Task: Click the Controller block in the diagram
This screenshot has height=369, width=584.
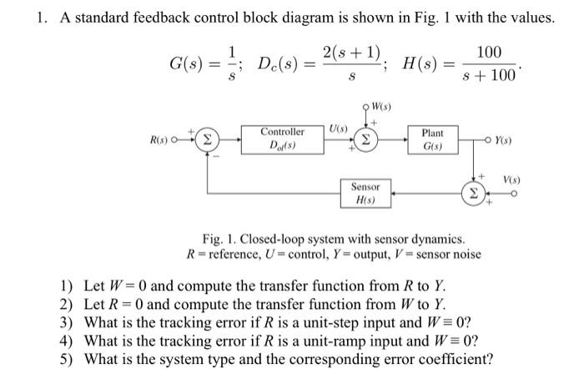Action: coord(283,139)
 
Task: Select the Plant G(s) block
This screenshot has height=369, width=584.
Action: coord(432,139)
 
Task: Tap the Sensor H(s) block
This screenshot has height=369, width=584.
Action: coord(365,194)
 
